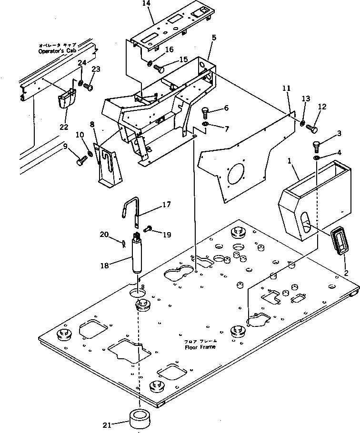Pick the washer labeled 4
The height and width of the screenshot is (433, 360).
point(317,157)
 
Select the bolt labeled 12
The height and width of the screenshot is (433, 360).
point(312,128)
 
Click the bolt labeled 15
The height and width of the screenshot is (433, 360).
point(160,69)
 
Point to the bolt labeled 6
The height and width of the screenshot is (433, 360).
point(205,112)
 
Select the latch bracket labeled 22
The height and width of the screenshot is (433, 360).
point(66,101)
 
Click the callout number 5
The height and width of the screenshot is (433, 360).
point(214,37)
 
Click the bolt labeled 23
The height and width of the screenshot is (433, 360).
point(89,87)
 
